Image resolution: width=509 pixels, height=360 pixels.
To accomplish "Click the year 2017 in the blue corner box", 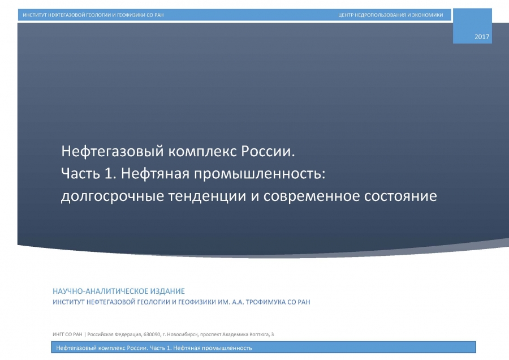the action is [482, 37].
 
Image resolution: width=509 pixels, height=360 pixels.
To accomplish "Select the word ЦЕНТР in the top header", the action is [346, 15].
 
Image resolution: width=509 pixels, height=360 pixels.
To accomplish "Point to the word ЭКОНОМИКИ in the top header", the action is [427, 15].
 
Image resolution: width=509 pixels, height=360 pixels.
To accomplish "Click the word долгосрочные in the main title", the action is [113, 196].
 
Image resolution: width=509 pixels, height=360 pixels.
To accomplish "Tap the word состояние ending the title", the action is [400, 196].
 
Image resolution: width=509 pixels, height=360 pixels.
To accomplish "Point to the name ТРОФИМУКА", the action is [266, 302].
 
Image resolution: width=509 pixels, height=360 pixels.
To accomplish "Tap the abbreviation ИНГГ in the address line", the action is [58, 335].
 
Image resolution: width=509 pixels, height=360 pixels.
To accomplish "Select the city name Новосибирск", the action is [183, 335].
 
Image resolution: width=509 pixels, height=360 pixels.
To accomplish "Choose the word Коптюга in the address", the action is [260, 335].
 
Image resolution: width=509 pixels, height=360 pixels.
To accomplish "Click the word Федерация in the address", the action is [128, 335].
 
